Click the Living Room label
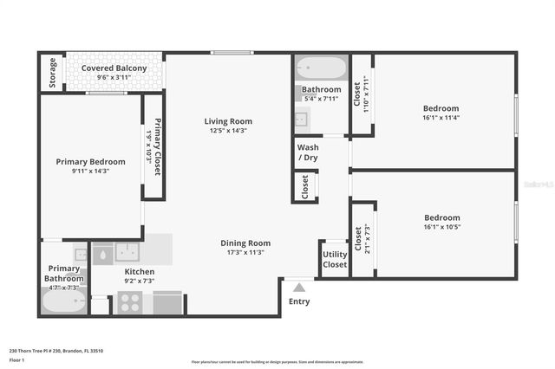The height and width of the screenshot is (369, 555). click(228, 121)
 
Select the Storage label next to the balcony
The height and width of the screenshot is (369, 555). click(53, 74)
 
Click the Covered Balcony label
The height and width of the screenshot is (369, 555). click(114, 68)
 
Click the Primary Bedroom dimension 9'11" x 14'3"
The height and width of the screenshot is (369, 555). click(90, 171)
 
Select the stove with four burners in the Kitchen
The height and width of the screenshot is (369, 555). click(129, 303)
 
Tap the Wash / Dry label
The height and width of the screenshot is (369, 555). click(308, 152)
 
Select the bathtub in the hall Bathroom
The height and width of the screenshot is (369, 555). click(320, 67)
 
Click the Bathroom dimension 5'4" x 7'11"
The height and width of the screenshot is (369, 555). click(321, 98)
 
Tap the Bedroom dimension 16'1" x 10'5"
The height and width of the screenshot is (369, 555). click(441, 227)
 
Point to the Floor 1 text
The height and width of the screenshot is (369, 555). click(16, 359)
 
